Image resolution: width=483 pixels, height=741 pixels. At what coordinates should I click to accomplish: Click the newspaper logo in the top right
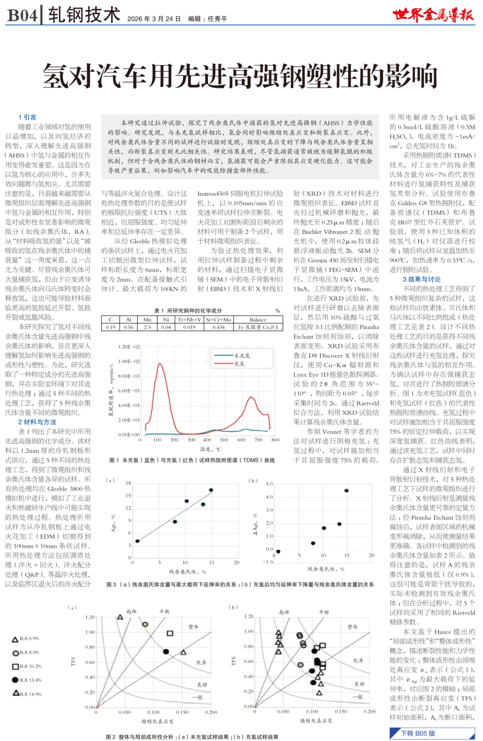pos(432,15)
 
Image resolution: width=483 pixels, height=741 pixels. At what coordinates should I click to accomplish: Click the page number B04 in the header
pos(22,16)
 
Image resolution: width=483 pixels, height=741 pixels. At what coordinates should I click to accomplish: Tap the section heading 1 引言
pos(27,117)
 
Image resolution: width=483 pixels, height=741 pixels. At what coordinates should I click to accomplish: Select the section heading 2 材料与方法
pos(37,422)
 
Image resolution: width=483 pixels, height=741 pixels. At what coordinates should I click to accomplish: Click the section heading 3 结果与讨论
pos(421,279)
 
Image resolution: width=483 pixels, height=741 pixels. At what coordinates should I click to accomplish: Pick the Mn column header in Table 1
pos(147,320)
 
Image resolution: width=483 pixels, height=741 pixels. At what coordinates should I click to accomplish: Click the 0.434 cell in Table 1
pos(219,327)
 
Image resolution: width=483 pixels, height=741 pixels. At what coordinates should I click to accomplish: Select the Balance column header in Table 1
pos(258,320)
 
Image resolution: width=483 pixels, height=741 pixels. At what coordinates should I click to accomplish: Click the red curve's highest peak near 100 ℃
pos(160,364)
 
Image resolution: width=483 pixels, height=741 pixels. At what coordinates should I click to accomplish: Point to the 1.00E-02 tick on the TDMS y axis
pos(129,361)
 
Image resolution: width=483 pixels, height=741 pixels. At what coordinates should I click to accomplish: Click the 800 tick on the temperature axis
pos(275,440)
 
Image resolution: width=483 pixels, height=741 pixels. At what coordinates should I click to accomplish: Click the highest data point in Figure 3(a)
pos(211,490)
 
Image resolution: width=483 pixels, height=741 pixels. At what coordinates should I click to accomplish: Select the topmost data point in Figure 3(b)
pos(346,491)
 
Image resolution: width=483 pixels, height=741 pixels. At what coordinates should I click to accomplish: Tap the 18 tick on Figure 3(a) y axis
pos(128,483)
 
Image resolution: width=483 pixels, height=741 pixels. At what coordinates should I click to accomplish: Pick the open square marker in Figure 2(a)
pos(170,633)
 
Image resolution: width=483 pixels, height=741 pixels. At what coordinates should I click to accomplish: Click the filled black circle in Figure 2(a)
pos(165,652)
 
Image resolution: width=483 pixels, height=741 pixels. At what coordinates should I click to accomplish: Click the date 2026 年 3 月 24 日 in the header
pos(154,19)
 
